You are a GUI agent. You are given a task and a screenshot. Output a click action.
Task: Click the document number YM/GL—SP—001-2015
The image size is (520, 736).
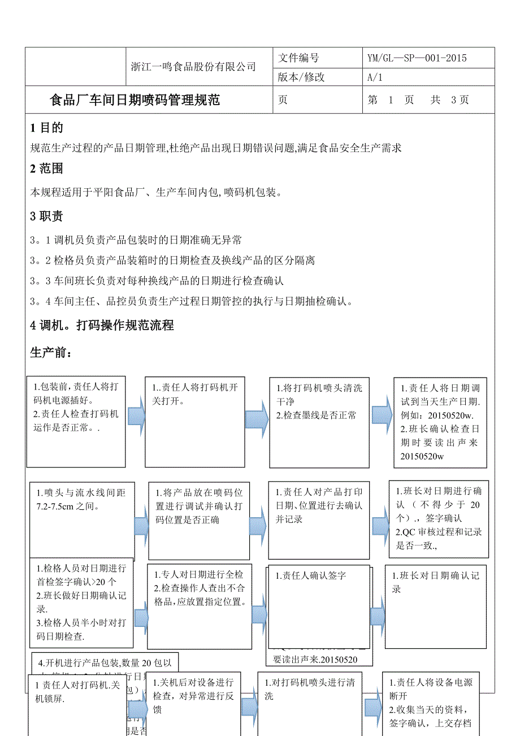tap(417, 58)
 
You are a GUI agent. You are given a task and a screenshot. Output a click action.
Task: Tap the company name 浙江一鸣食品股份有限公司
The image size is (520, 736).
tap(193, 67)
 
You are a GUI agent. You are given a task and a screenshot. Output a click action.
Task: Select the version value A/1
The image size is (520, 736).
tap(375, 77)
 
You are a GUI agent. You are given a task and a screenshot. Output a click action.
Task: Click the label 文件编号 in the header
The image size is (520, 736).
tap(299, 58)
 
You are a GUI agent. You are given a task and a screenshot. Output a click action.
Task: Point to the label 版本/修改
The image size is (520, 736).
tap(302, 77)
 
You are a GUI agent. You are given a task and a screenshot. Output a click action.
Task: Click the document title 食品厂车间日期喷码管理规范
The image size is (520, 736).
tap(135, 101)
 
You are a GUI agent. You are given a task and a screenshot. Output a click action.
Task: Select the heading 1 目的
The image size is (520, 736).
tap(46, 128)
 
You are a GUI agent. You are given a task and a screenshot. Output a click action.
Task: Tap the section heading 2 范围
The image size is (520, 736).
tap(46, 168)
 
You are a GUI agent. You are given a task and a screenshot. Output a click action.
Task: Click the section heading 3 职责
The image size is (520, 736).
tap(46, 216)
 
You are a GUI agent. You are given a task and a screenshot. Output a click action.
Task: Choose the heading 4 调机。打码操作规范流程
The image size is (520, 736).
tap(102, 325)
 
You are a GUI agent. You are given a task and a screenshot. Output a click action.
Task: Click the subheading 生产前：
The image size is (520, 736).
tap(51, 353)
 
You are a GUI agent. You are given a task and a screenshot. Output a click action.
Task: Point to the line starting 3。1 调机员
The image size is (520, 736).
tap(136, 240)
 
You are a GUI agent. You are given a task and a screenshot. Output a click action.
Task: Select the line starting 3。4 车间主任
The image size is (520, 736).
tap(192, 301)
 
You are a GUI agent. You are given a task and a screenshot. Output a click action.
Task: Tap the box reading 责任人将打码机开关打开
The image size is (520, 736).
tap(195, 422)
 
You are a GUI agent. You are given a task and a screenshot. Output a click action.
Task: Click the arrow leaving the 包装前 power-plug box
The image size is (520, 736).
tap(136, 417)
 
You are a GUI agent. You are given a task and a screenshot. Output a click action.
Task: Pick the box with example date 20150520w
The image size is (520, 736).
tap(440, 422)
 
